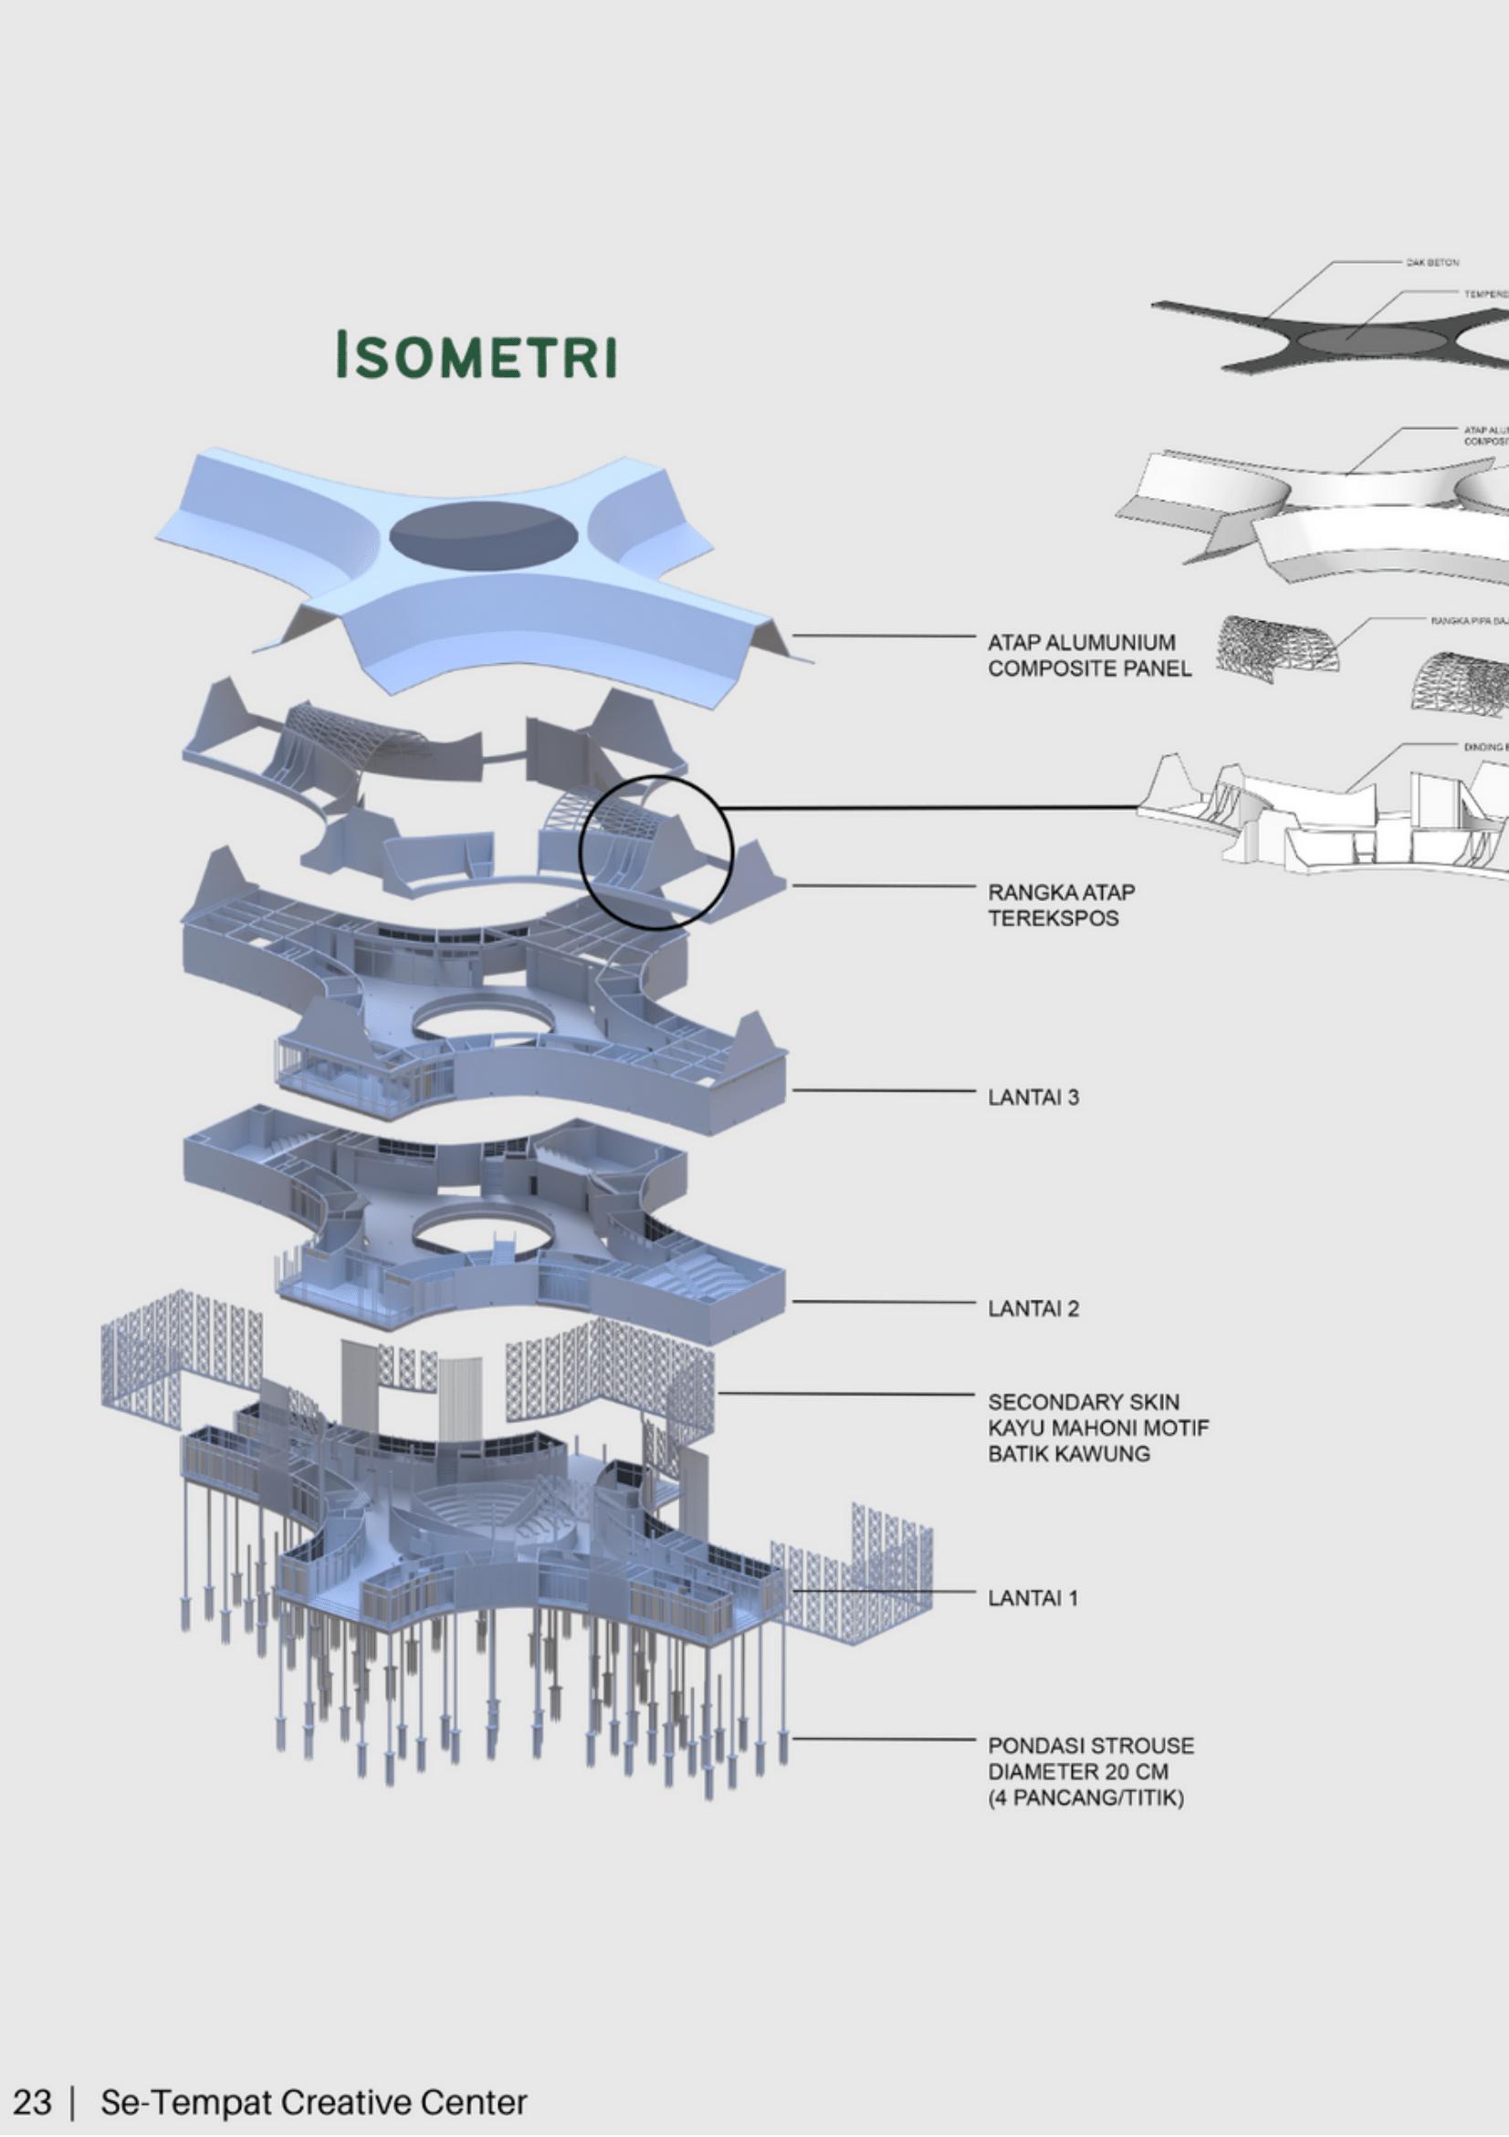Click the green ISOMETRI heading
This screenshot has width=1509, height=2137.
pos(476,354)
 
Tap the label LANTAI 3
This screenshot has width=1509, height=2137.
pos(1032,1098)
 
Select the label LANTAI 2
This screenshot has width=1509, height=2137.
pos(1032,1309)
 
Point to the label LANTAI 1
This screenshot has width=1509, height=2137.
pos(1032,1598)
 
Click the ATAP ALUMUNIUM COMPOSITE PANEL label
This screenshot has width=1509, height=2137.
pos(1088,655)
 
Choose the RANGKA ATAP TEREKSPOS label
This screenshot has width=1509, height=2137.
pos(1061,905)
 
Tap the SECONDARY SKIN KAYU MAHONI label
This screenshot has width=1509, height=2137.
pos(1098,1426)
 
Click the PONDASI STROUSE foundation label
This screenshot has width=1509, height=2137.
pos(1090,1771)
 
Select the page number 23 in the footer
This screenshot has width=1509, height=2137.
pos(32,2101)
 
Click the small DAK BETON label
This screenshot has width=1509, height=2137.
pos(1431,262)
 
